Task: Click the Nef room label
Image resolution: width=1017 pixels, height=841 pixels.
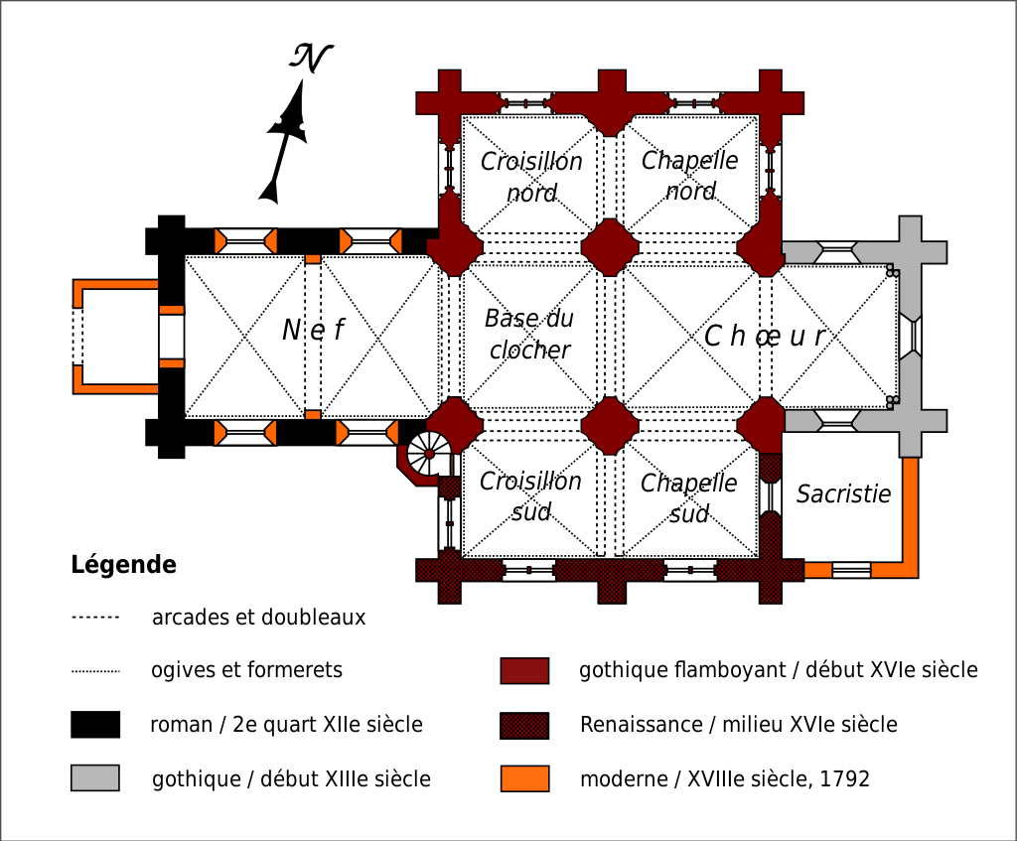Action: point(313,330)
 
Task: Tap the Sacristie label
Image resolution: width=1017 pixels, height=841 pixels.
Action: point(843,493)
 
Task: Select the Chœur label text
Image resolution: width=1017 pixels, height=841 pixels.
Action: point(765,337)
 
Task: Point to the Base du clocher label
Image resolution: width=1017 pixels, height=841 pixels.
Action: point(529,335)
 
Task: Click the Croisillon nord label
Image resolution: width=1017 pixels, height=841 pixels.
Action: point(531,177)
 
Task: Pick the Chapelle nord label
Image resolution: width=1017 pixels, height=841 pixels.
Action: point(690,176)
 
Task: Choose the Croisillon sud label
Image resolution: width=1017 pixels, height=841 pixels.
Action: point(530,496)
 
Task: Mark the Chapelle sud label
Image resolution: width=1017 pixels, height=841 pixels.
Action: point(689,498)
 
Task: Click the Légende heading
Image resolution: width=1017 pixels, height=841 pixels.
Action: point(123,566)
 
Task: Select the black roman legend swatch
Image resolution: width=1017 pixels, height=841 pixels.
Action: point(95,725)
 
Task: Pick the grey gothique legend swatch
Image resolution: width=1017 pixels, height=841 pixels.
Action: point(95,778)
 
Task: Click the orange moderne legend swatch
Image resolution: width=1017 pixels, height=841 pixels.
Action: point(524,778)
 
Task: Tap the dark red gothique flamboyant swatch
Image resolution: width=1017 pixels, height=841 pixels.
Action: point(524,671)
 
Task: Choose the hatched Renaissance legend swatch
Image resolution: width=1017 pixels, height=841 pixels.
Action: point(524,725)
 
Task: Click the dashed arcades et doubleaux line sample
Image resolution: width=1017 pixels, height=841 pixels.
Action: point(95,618)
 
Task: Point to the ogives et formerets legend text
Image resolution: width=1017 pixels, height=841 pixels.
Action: point(246,670)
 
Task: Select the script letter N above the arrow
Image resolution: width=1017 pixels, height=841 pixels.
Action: point(311,58)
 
